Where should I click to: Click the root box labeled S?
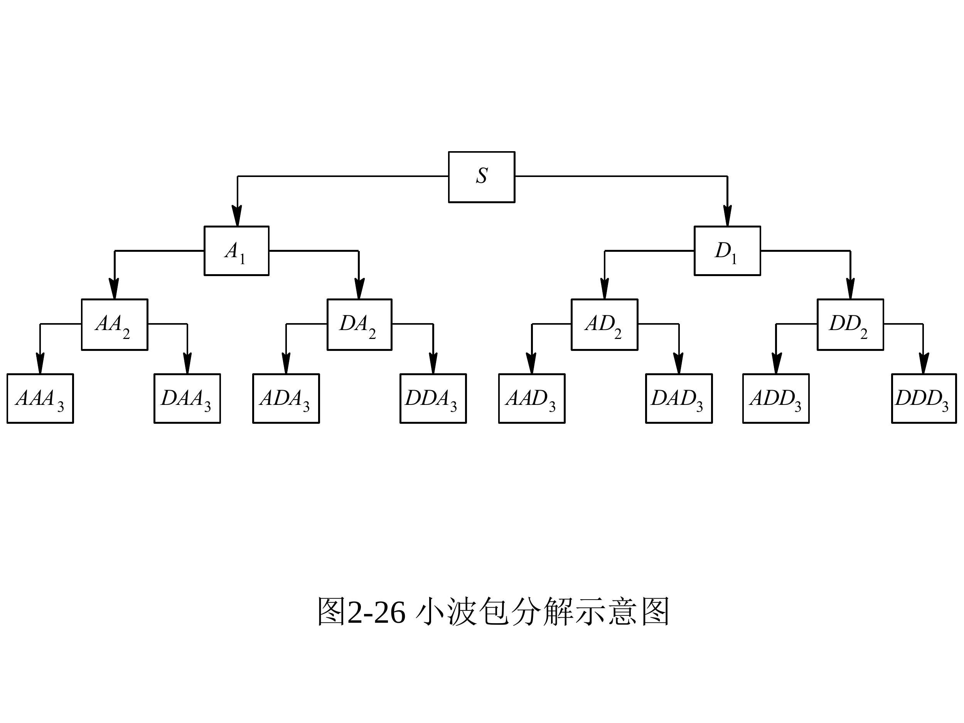[x=482, y=177]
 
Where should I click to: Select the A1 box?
[x=237, y=251]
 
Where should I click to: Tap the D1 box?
[x=727, y=251]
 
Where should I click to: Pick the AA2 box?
[x=115, y=324]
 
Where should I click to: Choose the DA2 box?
[x=359, y=324]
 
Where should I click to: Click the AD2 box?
[x=605, y=324]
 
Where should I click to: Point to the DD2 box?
[x=850, y=324]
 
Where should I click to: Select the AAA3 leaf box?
[x=40, y=398]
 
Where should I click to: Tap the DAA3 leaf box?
[x=187, y=398]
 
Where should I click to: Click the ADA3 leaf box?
[x=286, y=398]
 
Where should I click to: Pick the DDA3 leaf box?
[x=433, y=398]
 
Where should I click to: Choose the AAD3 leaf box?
[x=532, y=398]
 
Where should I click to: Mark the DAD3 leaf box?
[x=679, y=398]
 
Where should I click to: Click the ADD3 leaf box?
[x=776, y=398]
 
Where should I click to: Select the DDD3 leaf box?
[x=924, y=398]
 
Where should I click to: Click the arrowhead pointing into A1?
[x=237, y=217]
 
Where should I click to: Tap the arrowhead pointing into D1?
[x=727, y=217]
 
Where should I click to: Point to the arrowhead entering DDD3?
[x=923, y=364]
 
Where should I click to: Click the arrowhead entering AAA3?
[x=40, y=364]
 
